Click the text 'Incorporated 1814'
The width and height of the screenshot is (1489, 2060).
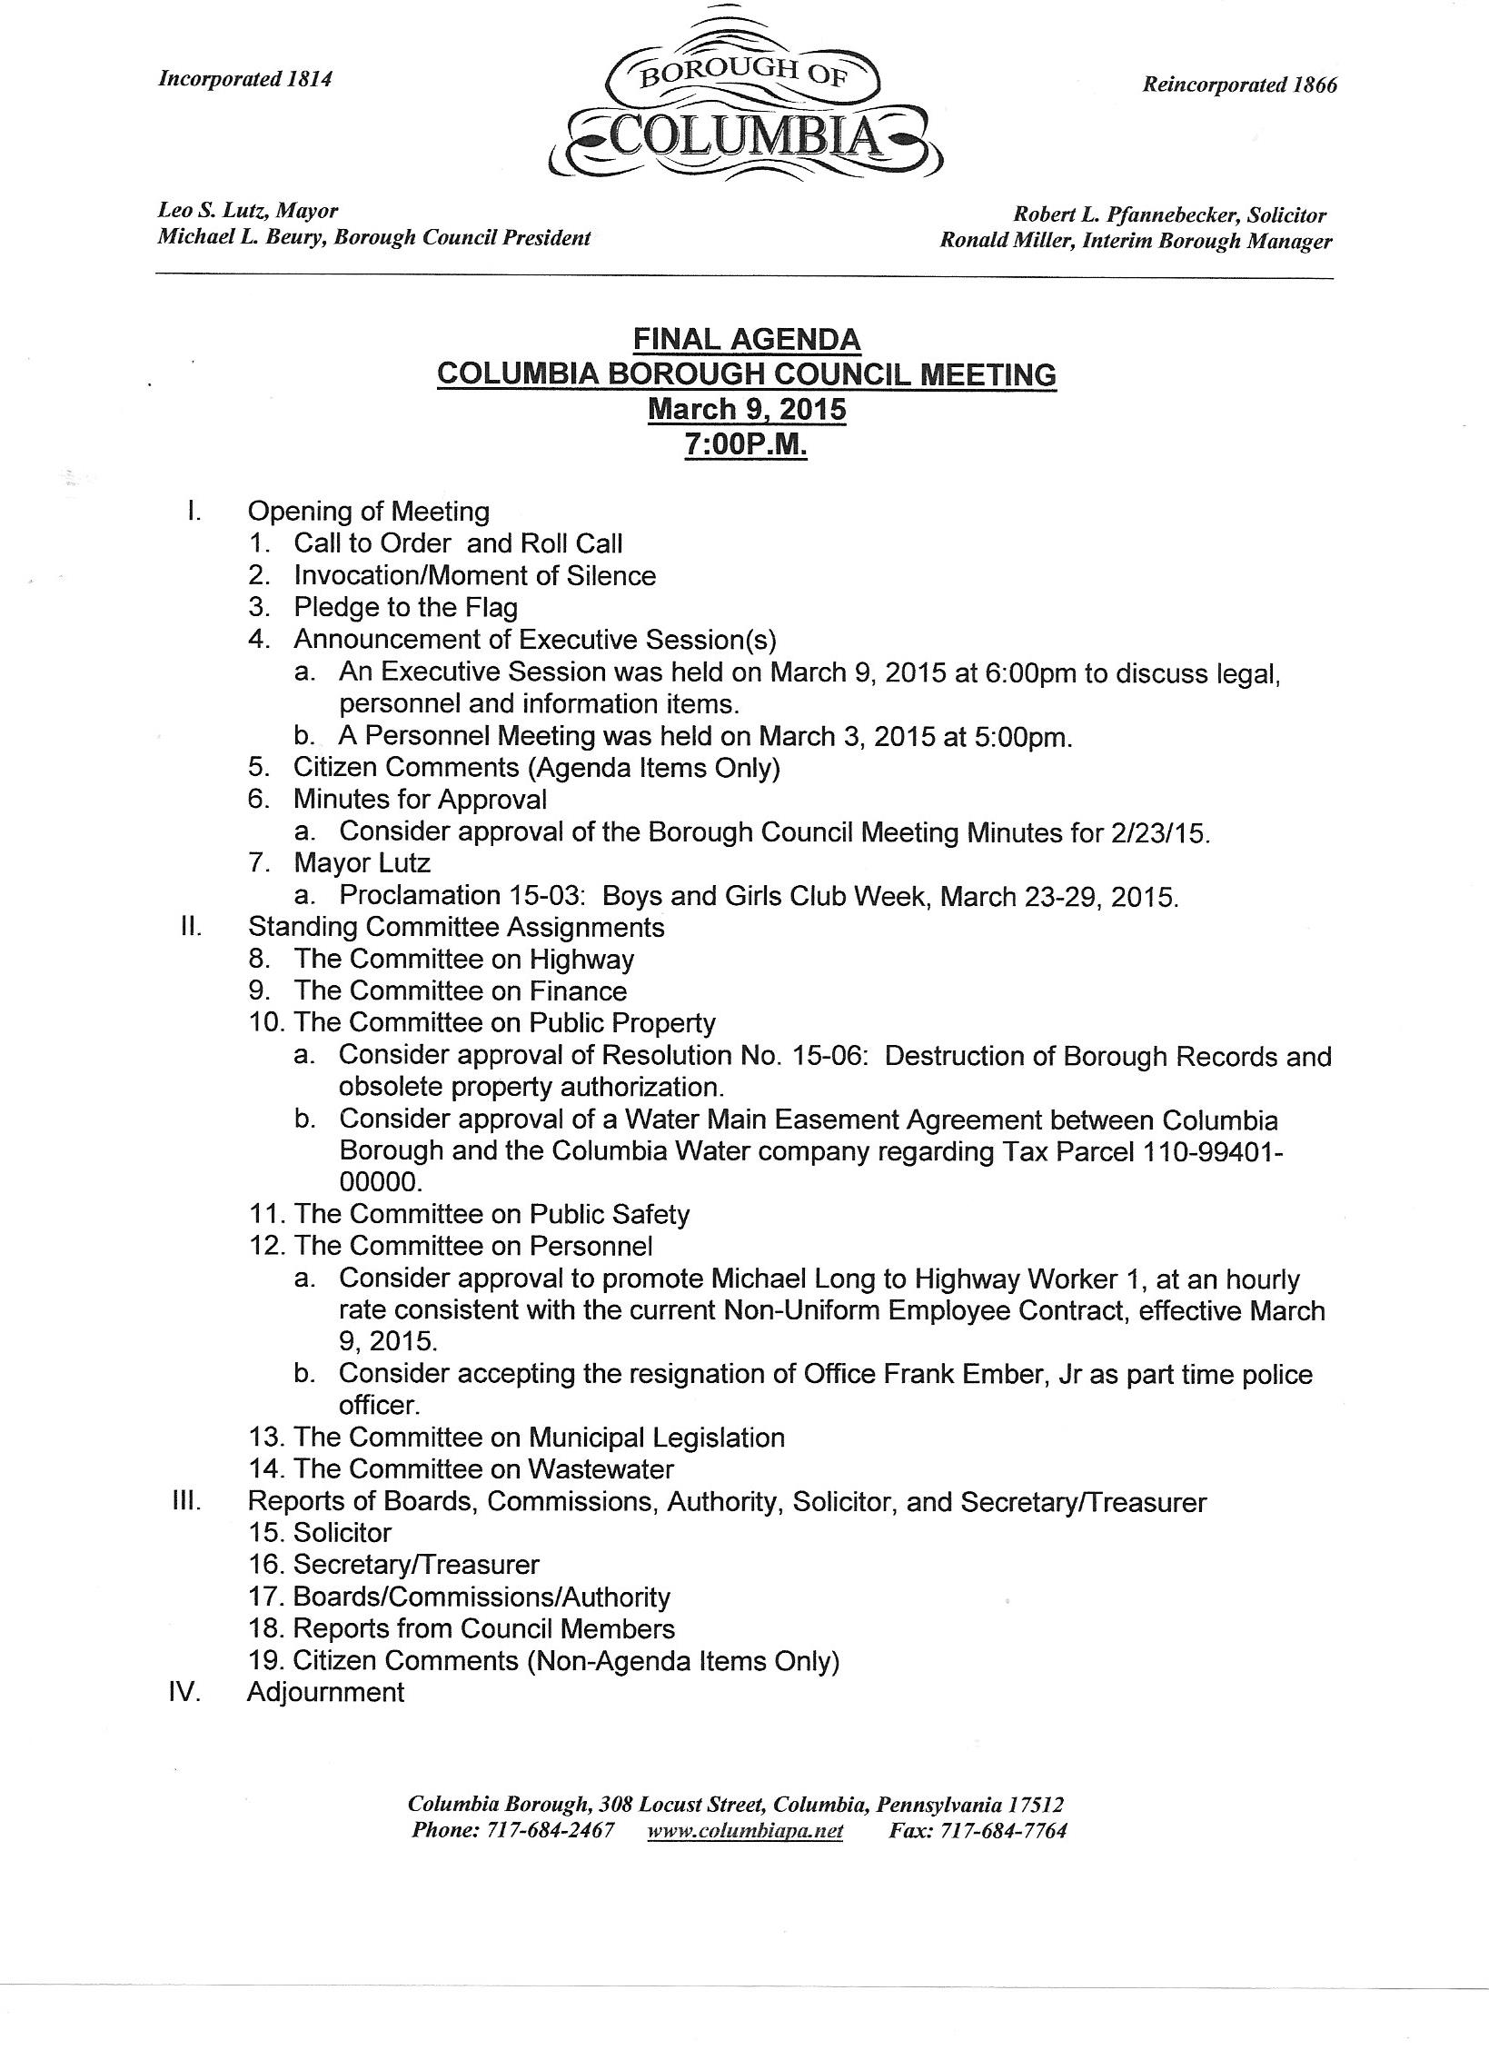pos(245,79)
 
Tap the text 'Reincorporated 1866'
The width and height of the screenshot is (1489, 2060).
pos(1239,85)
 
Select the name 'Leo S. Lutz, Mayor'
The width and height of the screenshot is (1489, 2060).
pos(248,211)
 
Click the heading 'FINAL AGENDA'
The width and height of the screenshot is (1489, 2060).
pos(746,339)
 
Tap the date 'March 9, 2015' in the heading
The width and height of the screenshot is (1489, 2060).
pos(746,409)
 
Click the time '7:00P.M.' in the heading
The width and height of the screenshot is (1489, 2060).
pos(746,446)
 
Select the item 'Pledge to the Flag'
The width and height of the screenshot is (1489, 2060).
pos(405,607)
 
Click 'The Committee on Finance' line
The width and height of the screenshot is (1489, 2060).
pos(460,990)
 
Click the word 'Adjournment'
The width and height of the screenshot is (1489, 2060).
pos(325,1692)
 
